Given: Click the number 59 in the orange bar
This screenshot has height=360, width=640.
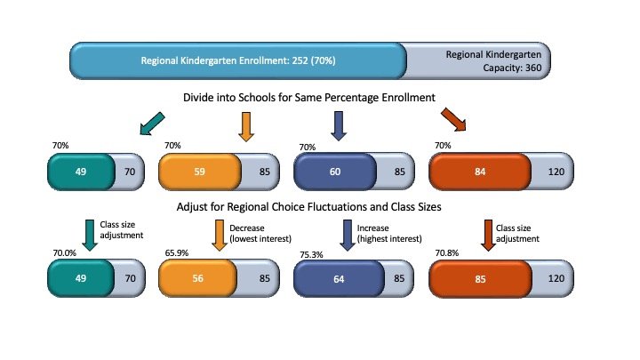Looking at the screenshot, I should pos(199,170).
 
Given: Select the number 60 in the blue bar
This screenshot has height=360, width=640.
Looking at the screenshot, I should pos(334,170).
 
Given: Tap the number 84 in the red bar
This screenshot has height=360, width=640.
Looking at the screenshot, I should pos(481,170).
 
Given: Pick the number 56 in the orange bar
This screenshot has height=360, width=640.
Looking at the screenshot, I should pos(199,278).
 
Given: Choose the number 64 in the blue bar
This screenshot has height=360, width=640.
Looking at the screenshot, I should pos(334,278).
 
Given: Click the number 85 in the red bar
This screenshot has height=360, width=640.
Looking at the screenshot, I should pos(481,278).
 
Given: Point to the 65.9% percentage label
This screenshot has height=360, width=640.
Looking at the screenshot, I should pos(175,253).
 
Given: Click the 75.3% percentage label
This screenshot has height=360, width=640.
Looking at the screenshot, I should pos(308,253).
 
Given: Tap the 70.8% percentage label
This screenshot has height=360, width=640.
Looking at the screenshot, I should pos(444,253).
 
